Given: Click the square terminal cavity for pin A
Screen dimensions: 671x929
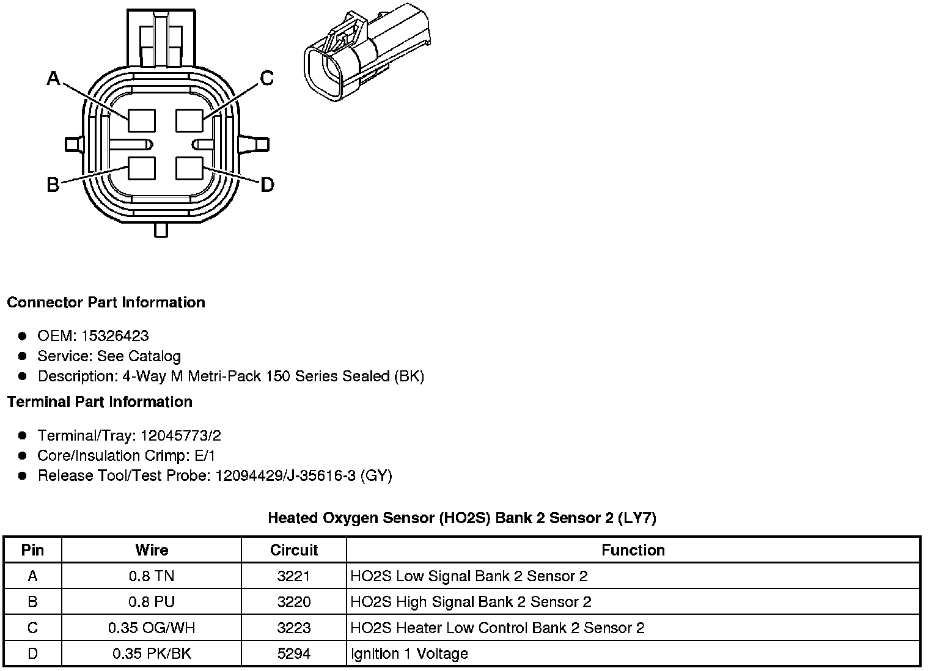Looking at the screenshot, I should pos(141,120).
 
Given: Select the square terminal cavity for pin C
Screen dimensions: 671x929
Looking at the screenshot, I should pos(189,120).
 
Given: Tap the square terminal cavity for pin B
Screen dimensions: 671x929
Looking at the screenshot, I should pos(141,168).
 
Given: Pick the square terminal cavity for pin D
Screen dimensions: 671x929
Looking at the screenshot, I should pos(189,168).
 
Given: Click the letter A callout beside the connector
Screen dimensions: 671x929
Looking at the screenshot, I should pos(54,78).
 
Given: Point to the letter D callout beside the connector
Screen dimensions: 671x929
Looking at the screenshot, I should pos(267,185).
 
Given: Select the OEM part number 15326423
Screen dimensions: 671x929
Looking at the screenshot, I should pos(115,336).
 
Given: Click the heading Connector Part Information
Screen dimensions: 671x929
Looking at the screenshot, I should pos(106,302).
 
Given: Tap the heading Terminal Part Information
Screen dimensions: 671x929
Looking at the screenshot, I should pos(100,402).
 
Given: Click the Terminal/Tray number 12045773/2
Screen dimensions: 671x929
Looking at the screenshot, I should pos(180,436).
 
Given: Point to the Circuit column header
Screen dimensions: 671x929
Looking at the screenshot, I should pos(294,550).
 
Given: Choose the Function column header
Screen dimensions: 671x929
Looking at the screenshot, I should pos(633,550).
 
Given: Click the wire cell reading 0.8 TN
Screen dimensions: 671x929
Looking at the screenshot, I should pos(152,576).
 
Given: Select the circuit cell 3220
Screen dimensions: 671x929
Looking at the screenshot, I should pos(294,602).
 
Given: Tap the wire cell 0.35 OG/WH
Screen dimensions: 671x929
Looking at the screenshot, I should pos(152,628).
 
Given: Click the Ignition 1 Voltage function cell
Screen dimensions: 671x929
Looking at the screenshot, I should pos(409,654).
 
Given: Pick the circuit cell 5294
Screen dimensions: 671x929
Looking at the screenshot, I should pos(294,654).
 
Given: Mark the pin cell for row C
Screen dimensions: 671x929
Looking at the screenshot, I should pos(32,628).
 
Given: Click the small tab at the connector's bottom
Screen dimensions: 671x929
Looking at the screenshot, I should pos(161,230).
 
